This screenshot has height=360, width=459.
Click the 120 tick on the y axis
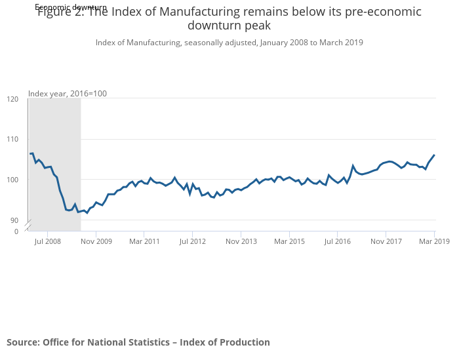[12, 99]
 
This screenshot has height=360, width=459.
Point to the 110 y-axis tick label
[12, 140]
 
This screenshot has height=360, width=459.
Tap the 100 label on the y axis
[12, 180]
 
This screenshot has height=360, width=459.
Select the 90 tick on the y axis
[14, 220]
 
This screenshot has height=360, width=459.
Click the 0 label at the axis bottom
[16, 231]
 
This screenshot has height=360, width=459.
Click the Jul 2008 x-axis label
[48, 241]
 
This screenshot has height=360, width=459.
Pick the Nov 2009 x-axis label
[96, 241]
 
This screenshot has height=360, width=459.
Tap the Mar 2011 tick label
[144, 241]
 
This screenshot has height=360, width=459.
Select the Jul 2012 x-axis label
[193, 241]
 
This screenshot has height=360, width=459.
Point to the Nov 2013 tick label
[241, 241]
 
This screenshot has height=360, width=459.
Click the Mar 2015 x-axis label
[289, 241]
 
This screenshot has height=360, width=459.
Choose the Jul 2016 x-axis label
[337, 241]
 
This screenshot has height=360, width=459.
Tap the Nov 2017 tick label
[386, 241]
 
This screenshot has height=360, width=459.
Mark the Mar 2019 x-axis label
[433, 241]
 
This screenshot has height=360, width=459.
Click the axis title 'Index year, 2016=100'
[68, 94]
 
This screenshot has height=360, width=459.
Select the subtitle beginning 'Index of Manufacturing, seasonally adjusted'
[229, 43]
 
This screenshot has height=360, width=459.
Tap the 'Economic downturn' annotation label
[71, 7]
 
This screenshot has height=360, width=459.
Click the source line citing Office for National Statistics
[138, 342]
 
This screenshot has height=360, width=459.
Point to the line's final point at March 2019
[434, 155]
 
